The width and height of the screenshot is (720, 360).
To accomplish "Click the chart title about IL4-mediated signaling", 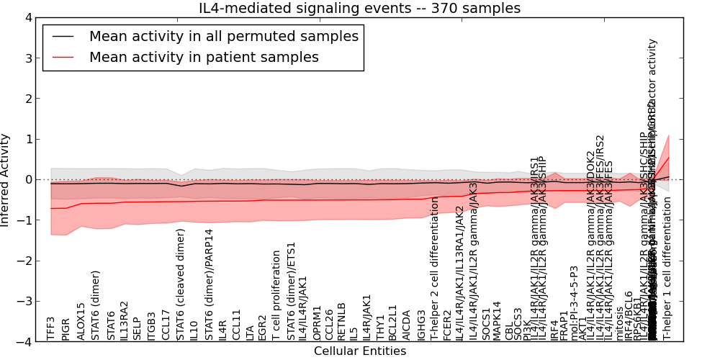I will point(359,8).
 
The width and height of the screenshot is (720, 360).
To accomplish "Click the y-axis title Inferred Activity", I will point(6,179).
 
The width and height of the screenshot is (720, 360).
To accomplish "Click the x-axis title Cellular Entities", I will point(359,351).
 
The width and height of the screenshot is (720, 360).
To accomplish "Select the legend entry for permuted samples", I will point(223,37).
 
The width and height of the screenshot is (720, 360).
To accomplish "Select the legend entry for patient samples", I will point(204,58).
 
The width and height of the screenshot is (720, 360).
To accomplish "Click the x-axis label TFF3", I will point(50,328).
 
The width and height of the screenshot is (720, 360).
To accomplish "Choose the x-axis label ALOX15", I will point(81,321).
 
